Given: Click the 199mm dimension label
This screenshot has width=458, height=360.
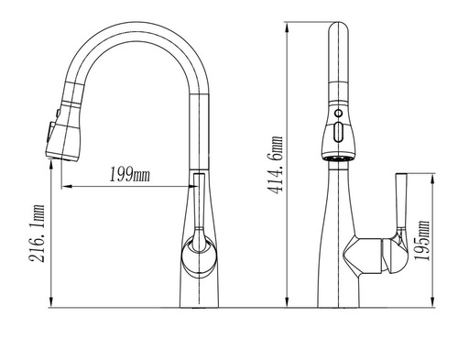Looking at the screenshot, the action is tap(130, 175).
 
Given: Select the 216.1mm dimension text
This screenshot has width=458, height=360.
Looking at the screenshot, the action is tap(37, 234).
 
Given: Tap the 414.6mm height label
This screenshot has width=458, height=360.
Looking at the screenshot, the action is tap(275, 165).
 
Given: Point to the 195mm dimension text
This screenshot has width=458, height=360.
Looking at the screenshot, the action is tap(421, 240).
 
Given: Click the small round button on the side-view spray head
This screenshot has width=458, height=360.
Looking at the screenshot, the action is tap(338, 114).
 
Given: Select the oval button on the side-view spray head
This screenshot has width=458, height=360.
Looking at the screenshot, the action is tap(338, 132).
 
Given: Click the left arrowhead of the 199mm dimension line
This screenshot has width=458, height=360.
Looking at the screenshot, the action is tap(67, 186).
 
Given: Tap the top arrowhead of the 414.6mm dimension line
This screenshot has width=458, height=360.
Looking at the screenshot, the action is tap(287, 27).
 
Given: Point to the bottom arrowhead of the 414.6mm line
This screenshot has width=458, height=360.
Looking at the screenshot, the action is tap(287, 302).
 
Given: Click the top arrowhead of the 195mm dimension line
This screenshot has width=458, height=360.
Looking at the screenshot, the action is tap(432, 179).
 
